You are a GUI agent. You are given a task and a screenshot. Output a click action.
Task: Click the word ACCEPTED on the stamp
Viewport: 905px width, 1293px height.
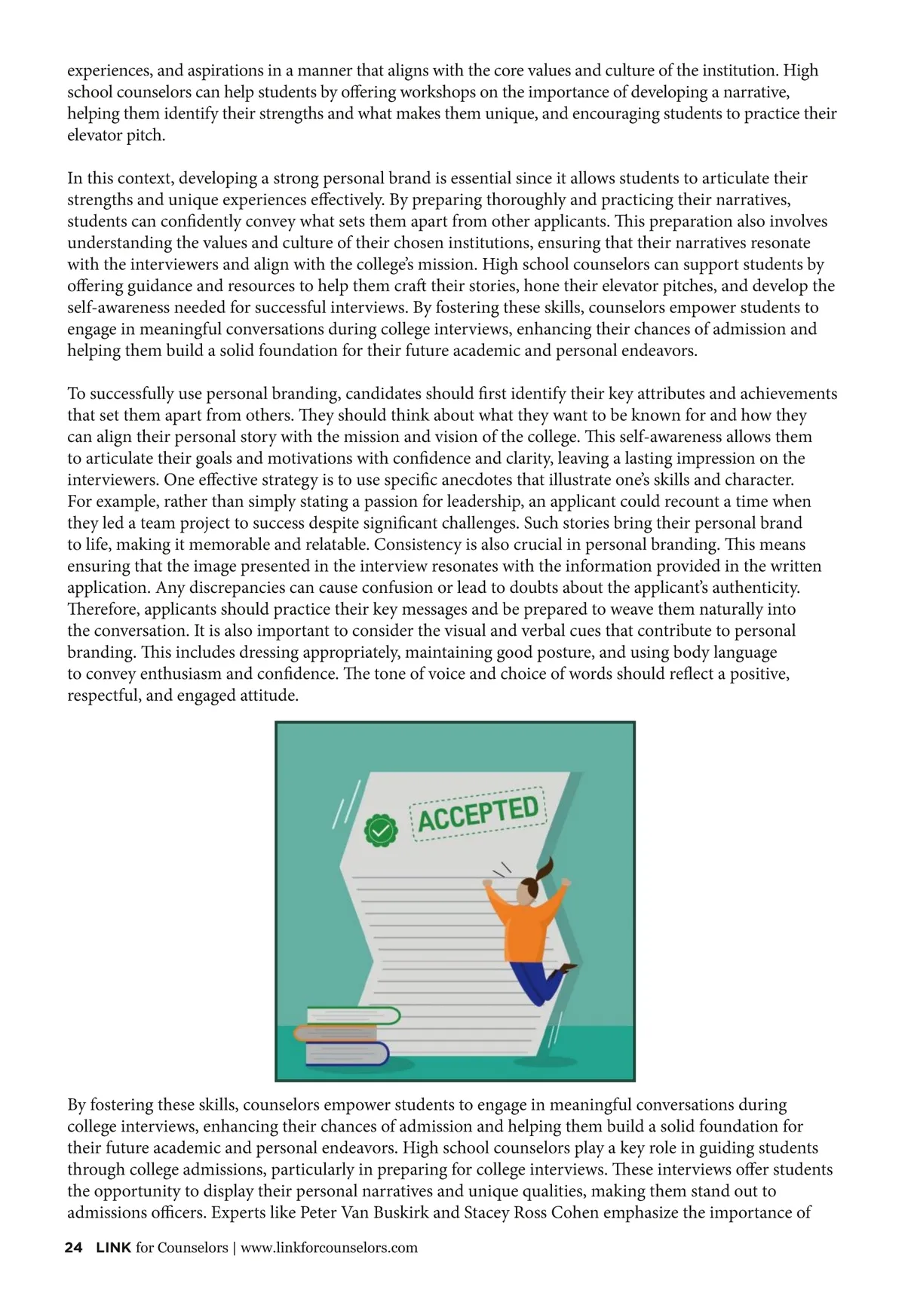(x=478, y=813)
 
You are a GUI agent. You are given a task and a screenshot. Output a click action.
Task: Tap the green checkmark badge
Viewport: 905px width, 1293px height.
(x=381, y=831)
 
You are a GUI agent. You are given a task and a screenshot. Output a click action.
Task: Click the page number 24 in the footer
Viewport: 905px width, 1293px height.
(x=74, y=1248)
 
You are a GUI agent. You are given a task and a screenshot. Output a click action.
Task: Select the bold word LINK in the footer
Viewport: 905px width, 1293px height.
(x=114, y=1248)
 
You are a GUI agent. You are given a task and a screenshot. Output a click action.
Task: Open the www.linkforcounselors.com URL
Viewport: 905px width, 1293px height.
(x=329, y=1248)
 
